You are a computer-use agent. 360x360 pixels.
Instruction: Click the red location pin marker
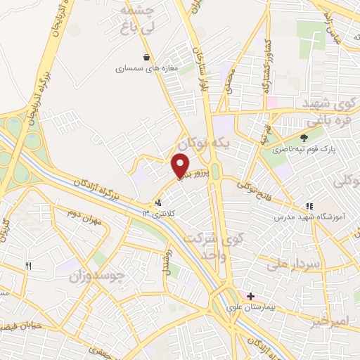point(181,165)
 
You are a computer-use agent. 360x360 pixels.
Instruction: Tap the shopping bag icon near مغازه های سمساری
point(146,58)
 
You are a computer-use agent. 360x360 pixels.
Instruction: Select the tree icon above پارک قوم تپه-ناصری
point(304,139)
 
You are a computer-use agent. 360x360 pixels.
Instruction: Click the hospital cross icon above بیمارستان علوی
point(250,297)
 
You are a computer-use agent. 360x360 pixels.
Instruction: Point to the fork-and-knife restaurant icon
point(29,266)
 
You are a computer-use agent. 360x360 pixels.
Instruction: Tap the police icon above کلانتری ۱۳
point(156,203)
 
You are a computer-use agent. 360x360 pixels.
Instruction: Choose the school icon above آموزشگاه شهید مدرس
point(309,207)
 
